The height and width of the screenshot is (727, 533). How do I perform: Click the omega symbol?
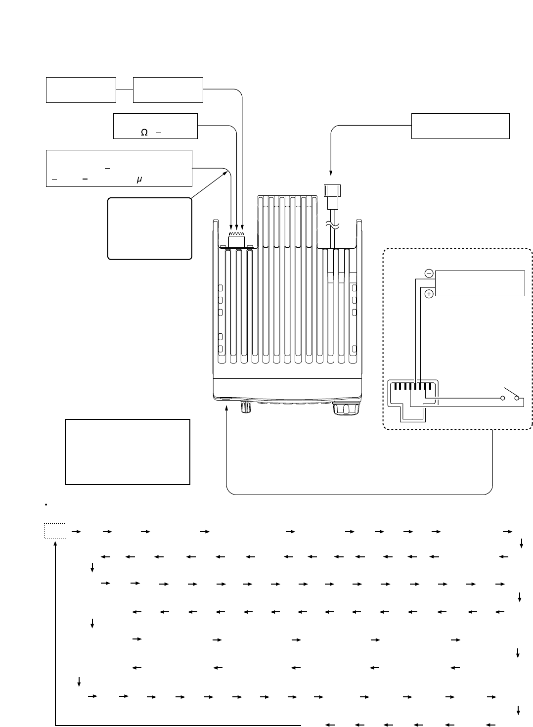144,133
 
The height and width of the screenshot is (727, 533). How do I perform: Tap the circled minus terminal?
429,273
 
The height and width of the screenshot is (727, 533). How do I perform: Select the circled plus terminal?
429,294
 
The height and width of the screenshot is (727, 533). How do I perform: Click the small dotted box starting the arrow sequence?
54,532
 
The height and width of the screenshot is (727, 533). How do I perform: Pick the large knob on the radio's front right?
341,409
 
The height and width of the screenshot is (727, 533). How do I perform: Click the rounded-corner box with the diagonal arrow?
149,228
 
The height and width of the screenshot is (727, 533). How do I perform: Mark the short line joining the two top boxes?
125,90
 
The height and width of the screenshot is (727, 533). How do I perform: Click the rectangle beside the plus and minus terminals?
480,283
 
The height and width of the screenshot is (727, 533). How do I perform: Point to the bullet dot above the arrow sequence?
45,505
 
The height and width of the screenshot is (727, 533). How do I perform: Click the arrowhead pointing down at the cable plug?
331,173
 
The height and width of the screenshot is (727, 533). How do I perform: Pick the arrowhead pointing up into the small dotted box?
55,543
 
